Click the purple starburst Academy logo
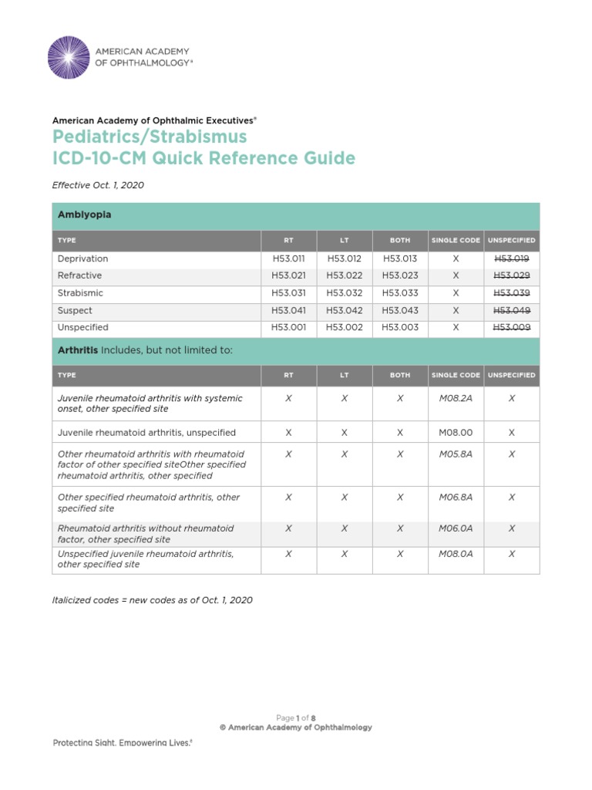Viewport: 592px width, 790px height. click(x=68, y=57)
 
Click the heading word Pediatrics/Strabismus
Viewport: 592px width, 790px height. click(x=150, y=137)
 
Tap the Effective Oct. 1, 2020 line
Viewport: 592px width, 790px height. click(x=98, y=185)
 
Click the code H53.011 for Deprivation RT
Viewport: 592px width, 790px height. click(x=288, y=258)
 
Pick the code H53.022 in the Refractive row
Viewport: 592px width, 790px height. click(x=344, y=275)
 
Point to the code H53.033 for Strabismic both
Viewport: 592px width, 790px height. click(x=400, y=293)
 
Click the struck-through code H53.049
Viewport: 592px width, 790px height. click(x=512, y=310)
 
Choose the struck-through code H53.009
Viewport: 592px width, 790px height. click(x=512, y=327)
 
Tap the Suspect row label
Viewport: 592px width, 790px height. click(x=75, y=310)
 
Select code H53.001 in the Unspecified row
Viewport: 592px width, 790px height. click(x=288, y=327)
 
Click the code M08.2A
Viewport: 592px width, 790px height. click(x=456, y=398)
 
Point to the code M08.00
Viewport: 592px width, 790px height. click(x=456, y=433)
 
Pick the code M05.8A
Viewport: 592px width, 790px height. click(x=456, y=454)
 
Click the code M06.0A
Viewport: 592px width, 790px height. click(x=456, y=528)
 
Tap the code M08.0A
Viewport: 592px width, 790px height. click(x=456, y=554)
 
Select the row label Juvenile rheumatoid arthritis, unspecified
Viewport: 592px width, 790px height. click(x=146, y=433)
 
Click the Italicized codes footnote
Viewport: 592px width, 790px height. click(x=152, y=599)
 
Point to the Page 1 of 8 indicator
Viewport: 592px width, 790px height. click(x=295, y=717)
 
